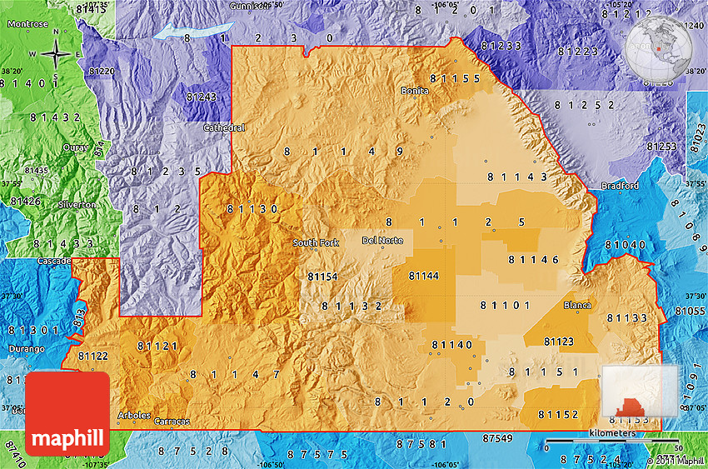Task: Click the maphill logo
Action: coord(67,414)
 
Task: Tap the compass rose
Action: coord(56,56)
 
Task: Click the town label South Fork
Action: coord(316,243)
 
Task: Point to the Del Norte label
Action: coord(382,241)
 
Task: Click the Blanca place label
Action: coord(577,305)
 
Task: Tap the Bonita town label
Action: coord(415,90)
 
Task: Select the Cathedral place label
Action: coord(225,128)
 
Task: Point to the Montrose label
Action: coord(27,24)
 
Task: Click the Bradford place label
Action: coord(619,186)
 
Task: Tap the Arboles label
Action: coord(134,415)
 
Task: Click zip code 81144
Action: coord(423,276)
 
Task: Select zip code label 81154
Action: coord(322,276)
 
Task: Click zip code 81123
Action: coord(558,342)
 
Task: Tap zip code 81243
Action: coord(201,97)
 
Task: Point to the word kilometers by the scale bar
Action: coord(612,433)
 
